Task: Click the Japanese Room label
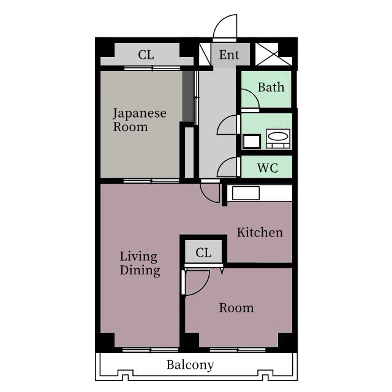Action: pos(140,120)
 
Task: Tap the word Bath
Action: pos(271,87)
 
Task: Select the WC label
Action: pos(268,168)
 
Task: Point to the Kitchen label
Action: pos(260,233)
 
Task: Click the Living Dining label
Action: pos(140,264)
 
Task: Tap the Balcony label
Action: pos(190,365)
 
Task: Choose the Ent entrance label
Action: pos(229,55)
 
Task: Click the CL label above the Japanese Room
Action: pos(146,55)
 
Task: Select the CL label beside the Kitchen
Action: pos(203,252)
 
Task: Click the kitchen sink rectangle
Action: pos(246,194)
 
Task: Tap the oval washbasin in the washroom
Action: pos(278,137)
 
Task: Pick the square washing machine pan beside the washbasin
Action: pos(252,141)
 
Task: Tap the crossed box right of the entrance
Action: pos(267,55)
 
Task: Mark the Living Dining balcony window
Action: pos(151,350)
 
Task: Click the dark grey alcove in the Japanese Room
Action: pos(188,97)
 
